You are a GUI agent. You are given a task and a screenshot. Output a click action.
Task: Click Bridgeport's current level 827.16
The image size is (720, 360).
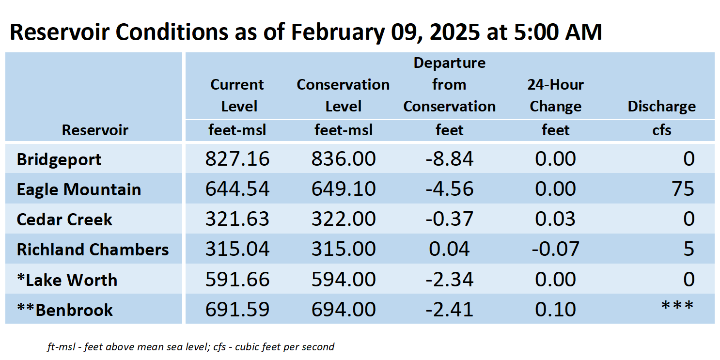click(237, 159)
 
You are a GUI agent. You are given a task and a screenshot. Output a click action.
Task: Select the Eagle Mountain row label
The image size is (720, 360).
click(79, 189)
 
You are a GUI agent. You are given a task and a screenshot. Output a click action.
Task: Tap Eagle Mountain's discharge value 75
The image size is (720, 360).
click(683, 188)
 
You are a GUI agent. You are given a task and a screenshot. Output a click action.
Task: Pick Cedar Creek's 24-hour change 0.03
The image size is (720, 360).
click(555, 219)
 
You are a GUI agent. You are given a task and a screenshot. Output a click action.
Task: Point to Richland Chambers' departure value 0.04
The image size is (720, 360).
click(449, 249)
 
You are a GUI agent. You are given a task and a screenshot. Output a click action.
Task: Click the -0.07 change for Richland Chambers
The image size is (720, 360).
click(555, 249)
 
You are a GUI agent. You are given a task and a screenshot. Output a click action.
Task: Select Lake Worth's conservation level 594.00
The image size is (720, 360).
click(344, 279)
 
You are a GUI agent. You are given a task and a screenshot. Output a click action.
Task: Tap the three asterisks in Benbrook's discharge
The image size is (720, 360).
click(677, 306)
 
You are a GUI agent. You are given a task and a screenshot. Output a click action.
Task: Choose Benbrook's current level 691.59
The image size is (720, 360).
click(237, 310)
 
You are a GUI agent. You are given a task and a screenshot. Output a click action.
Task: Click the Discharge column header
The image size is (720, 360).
click(661, 107)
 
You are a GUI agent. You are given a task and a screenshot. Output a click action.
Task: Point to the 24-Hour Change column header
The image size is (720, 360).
click(555, 95)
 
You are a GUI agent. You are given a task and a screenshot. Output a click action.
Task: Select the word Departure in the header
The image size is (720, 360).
click(449, 63)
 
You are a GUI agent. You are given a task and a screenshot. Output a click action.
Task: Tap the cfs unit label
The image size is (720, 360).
click(661, 130)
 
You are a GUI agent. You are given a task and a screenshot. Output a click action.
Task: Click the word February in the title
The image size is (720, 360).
click(338, 32)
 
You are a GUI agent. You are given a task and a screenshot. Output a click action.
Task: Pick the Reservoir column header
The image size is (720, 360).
click(95, 130)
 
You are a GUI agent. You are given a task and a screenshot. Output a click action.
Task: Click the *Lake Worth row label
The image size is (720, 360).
click(67, 280)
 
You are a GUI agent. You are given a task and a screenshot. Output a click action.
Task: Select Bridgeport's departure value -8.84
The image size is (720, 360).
click(449, 159)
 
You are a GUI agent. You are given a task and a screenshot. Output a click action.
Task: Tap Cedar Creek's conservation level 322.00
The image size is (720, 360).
click(344, 219)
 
